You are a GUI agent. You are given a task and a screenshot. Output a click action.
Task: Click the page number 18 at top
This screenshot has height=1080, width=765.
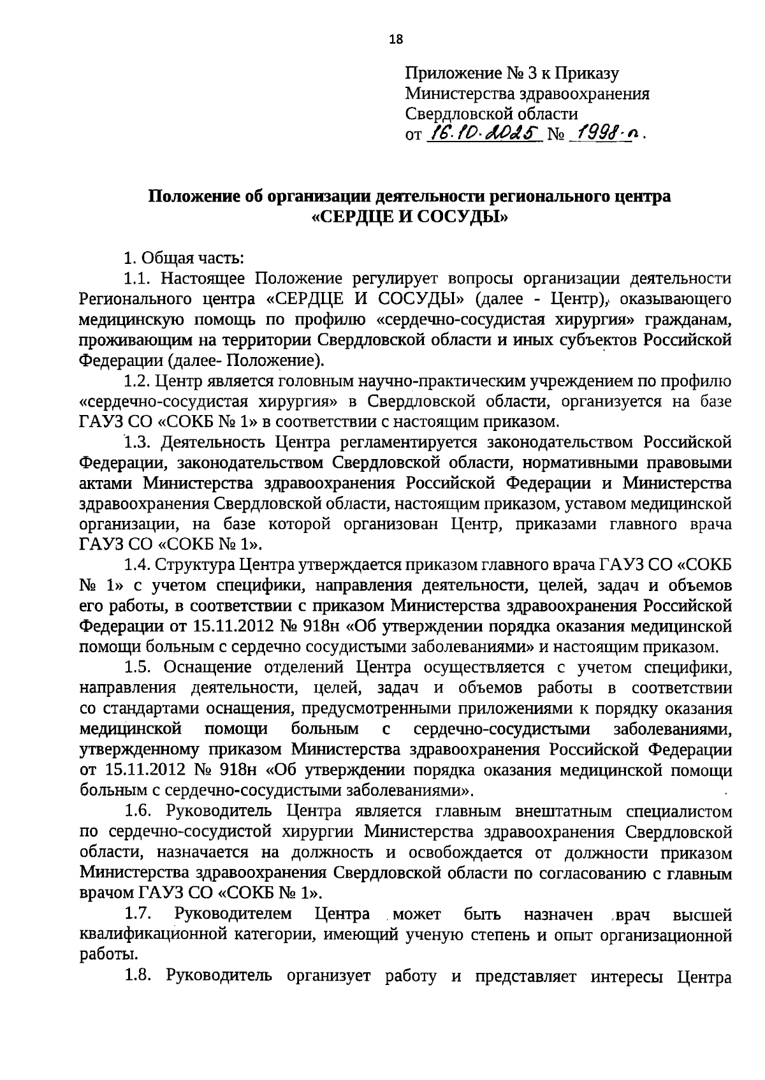click(396, 40)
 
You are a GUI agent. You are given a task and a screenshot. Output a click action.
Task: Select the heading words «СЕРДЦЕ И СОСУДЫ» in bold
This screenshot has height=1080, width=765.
click(409, 217)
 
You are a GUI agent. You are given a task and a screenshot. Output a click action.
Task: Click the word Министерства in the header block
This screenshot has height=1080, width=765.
click(460, 94)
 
